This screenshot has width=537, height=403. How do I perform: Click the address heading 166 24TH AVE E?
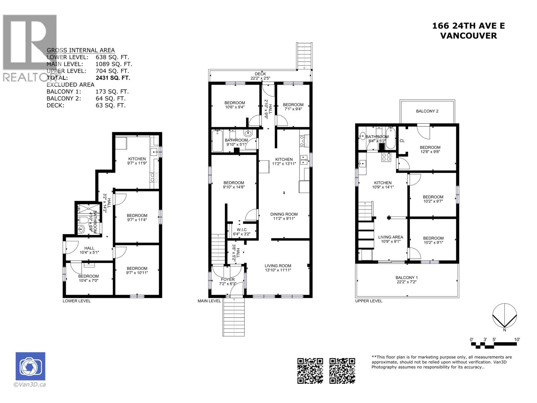click(x=468, y=26)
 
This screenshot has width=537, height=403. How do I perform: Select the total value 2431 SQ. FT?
click(x=112, y=78)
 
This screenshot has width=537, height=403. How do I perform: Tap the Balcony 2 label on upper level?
click(x=427, y=111)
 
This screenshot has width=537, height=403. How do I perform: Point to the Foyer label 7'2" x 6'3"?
click(x=228, y=281)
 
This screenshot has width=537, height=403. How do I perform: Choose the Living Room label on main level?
click(x=278, y=268)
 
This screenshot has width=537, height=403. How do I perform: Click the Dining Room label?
click(x=284, y=216)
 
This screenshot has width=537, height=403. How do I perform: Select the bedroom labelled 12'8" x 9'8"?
click(x=430, y=149)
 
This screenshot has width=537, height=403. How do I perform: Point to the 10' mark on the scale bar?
click(x=517, y=340)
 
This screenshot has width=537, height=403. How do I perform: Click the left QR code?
click(x=310, y=371)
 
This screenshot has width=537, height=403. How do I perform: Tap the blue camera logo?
click(x=30, y=366)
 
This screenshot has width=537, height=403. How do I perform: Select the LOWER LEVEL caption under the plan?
click(x=77, y=301)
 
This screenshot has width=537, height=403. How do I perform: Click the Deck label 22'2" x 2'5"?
click(x=260, y=76)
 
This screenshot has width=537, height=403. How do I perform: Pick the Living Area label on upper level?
click(x=391, y=239)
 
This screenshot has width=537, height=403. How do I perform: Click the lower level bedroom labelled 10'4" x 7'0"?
click(x=89, y=278)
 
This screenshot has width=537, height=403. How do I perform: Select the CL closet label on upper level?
click(x=402, y=141)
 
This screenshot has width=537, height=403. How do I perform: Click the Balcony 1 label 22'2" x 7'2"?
click(x=406, y=280)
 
